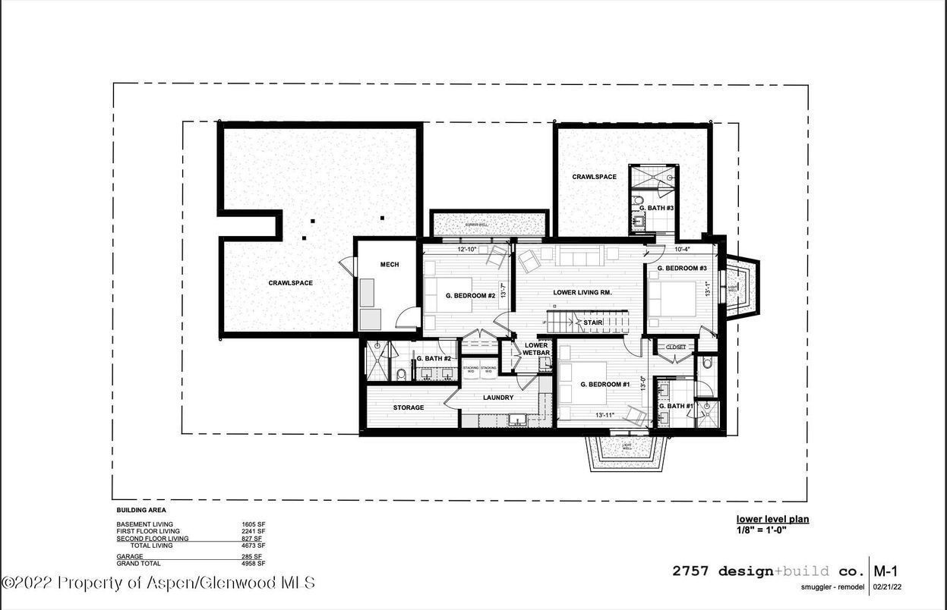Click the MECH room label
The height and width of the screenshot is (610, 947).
tap(390, 265)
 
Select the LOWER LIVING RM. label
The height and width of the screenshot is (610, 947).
tap(582, 292)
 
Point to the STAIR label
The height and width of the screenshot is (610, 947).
tap(593, 322)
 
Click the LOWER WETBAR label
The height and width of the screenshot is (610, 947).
tap(535, 349)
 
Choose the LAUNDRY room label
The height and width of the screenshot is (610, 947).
tap(498, 398)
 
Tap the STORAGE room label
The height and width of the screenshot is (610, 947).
tap(409, 407)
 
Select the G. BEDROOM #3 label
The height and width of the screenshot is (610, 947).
tap(682, 269)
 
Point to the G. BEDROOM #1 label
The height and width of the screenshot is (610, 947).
tap(605, 385)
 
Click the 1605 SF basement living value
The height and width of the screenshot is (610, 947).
tap(253, 524)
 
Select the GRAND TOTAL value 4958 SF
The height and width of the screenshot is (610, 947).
tap(253, 564)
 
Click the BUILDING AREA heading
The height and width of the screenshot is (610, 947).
tap(140, 511)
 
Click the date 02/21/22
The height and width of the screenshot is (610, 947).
tap(888, 586)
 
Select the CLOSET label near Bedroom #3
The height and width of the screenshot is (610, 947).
tap(676, 347)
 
